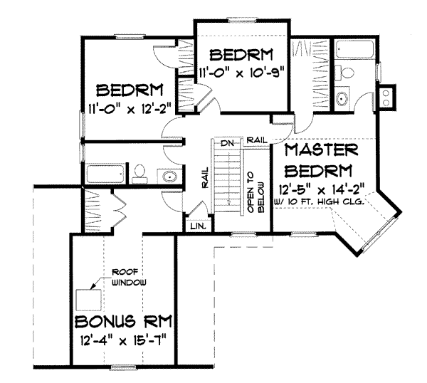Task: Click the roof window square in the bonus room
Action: click(90, 298)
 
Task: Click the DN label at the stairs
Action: click(227, 143)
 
